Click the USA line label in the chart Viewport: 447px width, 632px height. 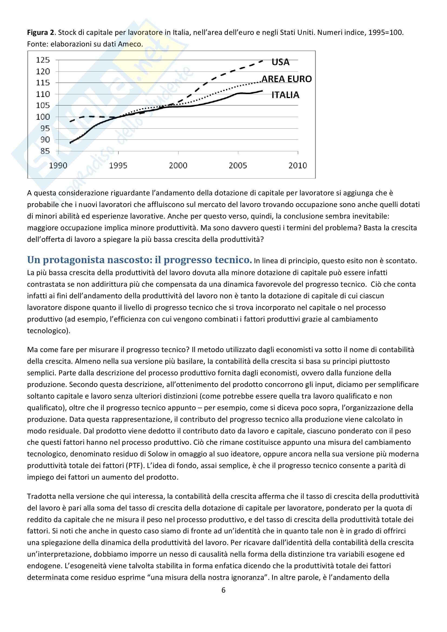pyautogui.click(x=280, y=62)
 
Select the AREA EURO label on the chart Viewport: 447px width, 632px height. pyautogui.click(x=286, y=79)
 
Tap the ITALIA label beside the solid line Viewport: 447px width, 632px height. pyautogui.click(x=285, y=95)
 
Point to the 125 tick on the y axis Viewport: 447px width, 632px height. pyautogui.click(x=43, y=60)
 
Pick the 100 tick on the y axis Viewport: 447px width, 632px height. pyautogui.click(x=43, y=117)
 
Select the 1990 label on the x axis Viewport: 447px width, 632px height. pyautogui.click(x=58, y=165)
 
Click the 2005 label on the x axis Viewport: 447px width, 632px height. pyautogui.click(x=238, y=165)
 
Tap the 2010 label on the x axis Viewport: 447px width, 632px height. pyautogui.click(x=297, y=165)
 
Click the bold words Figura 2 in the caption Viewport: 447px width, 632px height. pyautogui.click(x=41, y=33)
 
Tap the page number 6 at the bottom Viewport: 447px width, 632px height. pyautogui.click(x=223, y=590)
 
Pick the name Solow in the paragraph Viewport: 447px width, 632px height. pyautogui.click(x=158, y=454)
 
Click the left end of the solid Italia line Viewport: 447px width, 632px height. pyautogui.click(x=71, y=143)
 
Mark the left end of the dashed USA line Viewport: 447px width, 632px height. pyautogui.click(x=71, y=121)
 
